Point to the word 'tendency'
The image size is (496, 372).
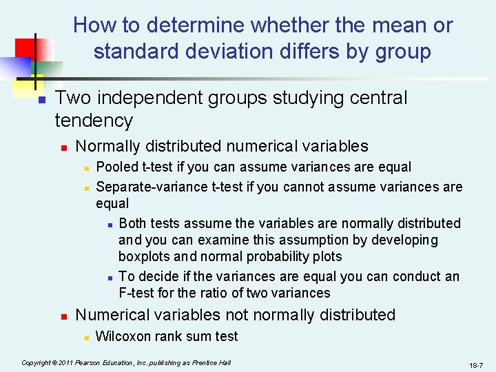94,121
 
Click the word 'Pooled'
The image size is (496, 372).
117,167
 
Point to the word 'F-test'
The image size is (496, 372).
137,293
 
